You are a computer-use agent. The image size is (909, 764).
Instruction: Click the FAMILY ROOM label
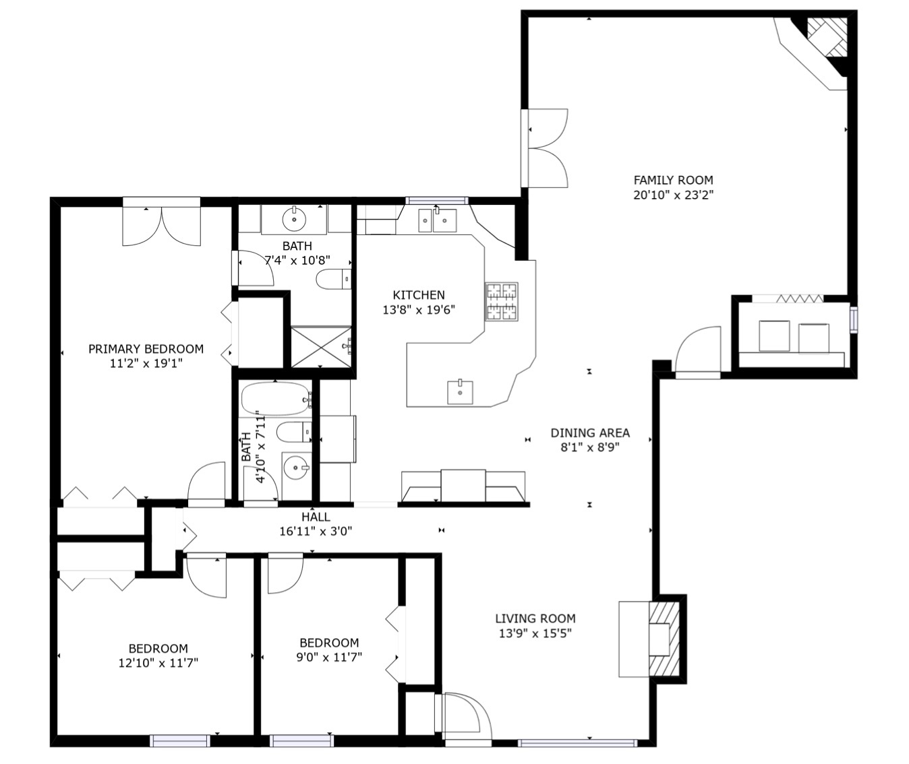[673, 180]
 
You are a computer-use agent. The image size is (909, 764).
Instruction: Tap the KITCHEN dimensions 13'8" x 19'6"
[419, 310]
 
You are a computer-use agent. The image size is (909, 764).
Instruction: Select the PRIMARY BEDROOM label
[146, 348]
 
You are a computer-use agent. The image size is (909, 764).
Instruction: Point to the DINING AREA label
[590, 433]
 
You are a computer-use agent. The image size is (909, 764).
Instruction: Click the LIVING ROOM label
[535, 618]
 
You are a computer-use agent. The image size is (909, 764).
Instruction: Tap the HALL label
[316, 517]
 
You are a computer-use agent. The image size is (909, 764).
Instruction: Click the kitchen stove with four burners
[502, 302]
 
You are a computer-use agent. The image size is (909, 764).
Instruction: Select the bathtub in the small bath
[276, 398]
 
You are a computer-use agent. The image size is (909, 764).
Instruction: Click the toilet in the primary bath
[334, 279]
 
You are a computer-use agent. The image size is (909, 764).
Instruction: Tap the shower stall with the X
[321, 347]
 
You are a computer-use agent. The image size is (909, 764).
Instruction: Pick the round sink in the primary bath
[294, 219]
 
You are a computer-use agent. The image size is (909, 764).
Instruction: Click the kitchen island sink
[460, 392]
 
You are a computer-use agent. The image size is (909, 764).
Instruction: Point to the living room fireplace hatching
[664, 639]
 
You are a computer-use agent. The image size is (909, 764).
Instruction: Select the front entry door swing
[464, 718]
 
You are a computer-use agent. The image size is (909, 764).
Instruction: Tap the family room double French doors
[545, 148]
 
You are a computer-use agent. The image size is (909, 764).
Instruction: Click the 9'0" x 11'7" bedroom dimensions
[329, 656]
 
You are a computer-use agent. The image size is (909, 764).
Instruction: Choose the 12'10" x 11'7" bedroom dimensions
[158, 663]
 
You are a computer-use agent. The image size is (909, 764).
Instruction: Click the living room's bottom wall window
[577, 743]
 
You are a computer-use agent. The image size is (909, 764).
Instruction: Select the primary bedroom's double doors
[162, 222]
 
